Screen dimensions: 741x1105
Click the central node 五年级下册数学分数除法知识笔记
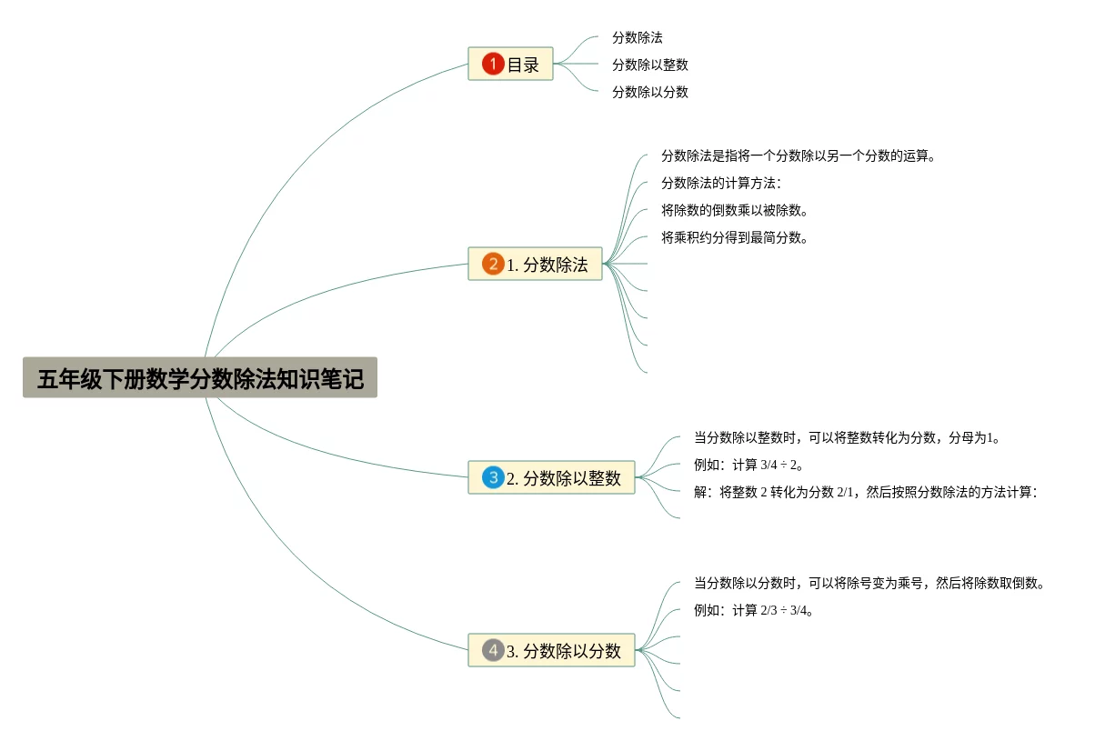pyautogui.click(x=200, y=377)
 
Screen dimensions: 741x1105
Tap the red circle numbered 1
pyautogui.click(x=493, y=64)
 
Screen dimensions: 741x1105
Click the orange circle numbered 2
pyautogui.click(x=493, y=265)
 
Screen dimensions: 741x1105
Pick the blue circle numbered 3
pyautogui.click(x=493, y=477)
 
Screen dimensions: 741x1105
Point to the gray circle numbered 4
pyautogui.click(x=493, y=650)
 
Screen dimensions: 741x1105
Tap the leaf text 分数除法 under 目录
pyautogui.click(x=637, y=38)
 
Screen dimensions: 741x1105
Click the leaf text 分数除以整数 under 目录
pyautogui.click(x=649, y=65)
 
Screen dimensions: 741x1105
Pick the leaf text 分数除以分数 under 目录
pyautogui.click(x=649, y=92)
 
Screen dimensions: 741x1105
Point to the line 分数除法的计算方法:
pyautogui.click(x=720, y=183)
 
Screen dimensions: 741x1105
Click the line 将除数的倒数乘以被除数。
pyautogui.click(x=735, y=210)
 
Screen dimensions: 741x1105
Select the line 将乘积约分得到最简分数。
pyautogui.click(x=735, y=238)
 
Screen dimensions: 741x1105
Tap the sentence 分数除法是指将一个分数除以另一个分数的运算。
pyautogui.click(x=799, y=155)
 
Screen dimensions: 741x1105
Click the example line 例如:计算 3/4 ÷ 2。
pyautogui.click(x=748, y=465)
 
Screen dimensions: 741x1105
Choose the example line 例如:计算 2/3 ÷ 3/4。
pyautogui.click(x=753, y=610)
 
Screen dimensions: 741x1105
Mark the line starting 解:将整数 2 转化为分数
pyautogui.click(x=866, y=492)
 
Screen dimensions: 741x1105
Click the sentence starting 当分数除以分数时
pyautogui.click(x=869, y=583)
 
